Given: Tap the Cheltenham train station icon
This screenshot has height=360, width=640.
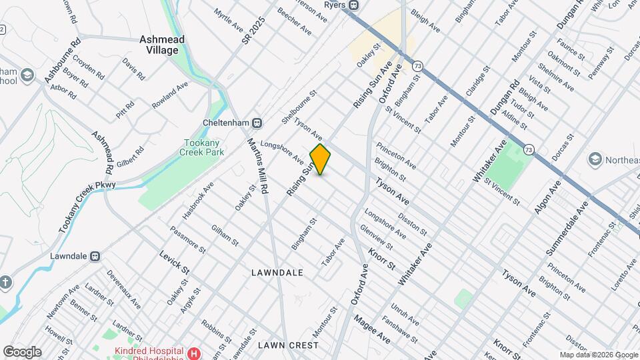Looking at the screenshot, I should (257, 123).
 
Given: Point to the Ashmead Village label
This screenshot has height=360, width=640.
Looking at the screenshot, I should (159, 45).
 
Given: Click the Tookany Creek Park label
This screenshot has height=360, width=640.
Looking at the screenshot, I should (204, 147).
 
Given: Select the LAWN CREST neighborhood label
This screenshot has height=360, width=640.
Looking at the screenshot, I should (288, 345).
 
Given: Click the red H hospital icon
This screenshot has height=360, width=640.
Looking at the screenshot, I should (194, 353).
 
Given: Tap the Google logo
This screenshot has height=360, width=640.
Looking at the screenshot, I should (21, 352).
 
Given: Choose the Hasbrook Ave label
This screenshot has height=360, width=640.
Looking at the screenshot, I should (198, 201).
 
